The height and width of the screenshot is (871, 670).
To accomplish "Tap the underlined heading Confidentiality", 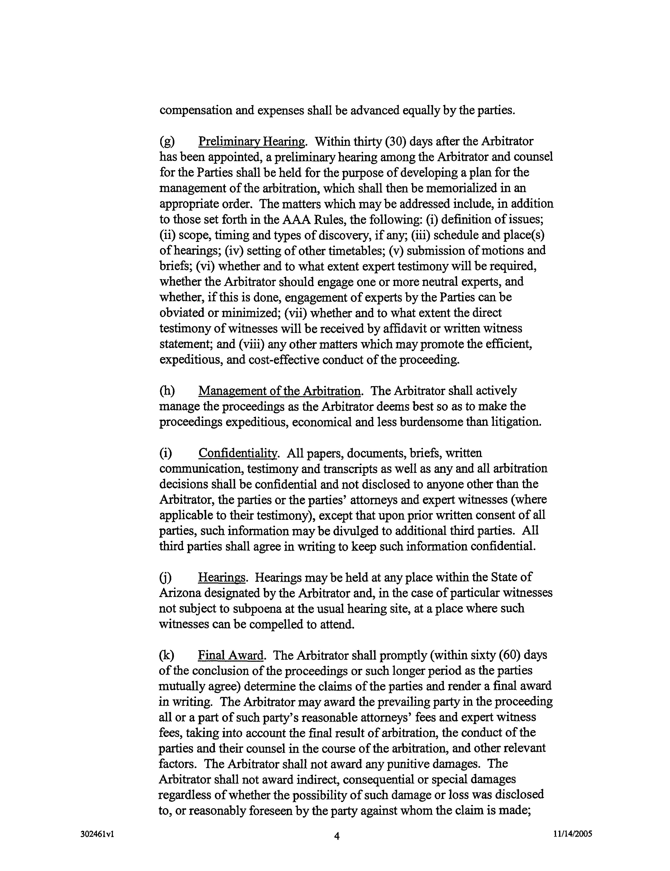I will pos(237,453).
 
